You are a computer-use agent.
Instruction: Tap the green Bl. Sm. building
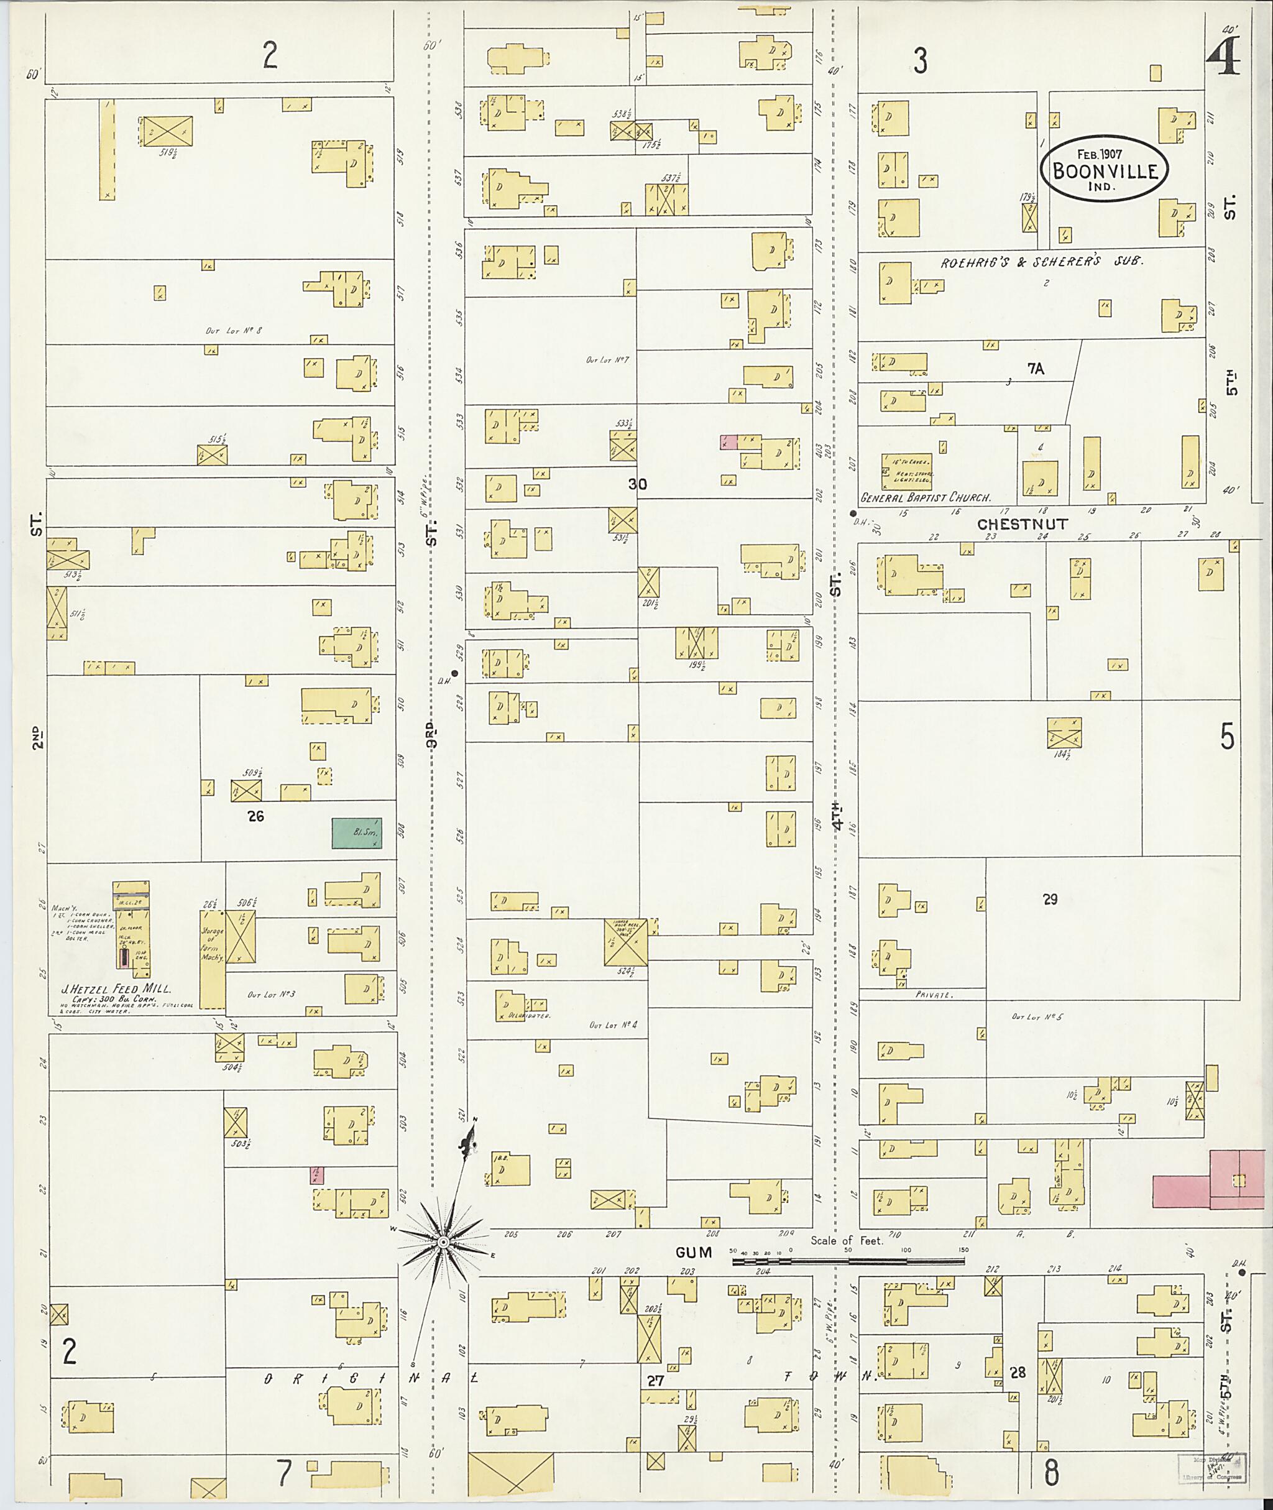pyautogui.click(x=357, y=833)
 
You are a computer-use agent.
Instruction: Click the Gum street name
pyautogui.click(x=694, y=1252)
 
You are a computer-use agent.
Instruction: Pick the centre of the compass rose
pyautogui.click(x=443, y=1241)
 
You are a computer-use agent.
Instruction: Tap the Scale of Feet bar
pyautogui.click(x=848, y=1261)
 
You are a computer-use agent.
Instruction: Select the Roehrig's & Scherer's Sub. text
pyautogui.click(x=1042, y=262)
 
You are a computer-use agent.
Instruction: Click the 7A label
pyautogui.click(x=1036, y=369)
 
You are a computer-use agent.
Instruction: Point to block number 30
pyautogui.click(x=637, y=484)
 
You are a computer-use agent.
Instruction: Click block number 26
pyautogui.click(x=255, y=816)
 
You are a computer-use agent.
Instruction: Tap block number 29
pyautogui.click(x=1050, y=900)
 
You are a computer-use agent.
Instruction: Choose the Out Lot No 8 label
pyautogui.click(x=233, y=331)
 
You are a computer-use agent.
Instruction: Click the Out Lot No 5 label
pyautogui.click(x=1037, y=1016)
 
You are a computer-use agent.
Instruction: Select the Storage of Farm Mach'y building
pyautogui.click(x=212, y=959)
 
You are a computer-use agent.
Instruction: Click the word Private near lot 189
pyautogui.click(x=934, y=995)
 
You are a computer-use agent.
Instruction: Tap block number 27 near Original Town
pyautogui.click(x=655, y=1381)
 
